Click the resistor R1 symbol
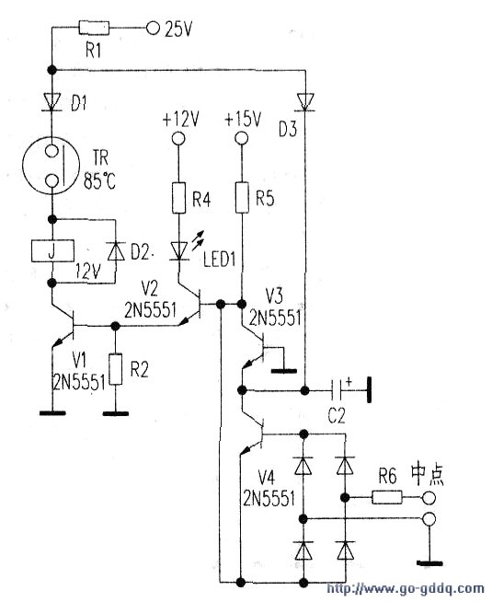click(94, 29)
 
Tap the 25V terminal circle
click(153, 28)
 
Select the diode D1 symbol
click(51, 102)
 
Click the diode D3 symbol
click(305, 102)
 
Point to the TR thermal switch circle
click(51, 166)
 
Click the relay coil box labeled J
click(51, 251)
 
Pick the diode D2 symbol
click(116, 251)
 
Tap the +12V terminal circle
click(177, 138)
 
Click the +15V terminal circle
click(241, 138)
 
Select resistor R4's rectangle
click(178, 198)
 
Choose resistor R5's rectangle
click(242, 197)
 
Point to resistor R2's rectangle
click(116, 369)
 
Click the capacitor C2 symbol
click(338, 390)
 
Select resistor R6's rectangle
click(387, 498)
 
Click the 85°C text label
click(99, 180)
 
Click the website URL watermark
click(405, 588)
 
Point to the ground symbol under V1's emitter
click(52, 413)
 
